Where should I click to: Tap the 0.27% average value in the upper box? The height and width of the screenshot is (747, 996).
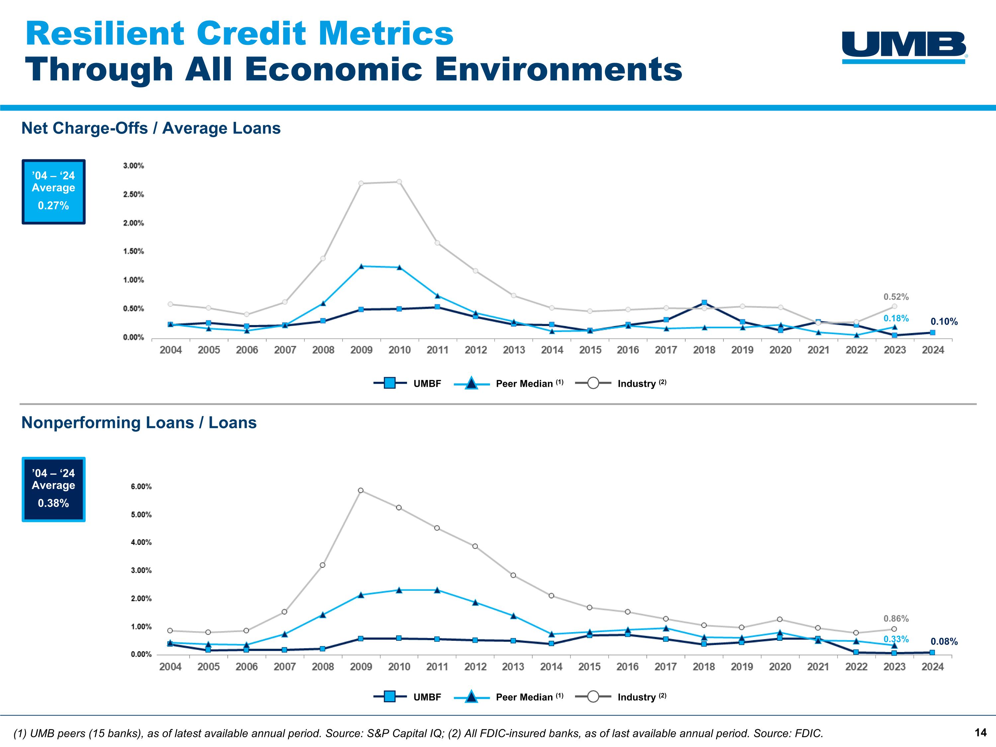(53, 206)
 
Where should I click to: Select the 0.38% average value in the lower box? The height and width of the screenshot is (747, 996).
(53, 503)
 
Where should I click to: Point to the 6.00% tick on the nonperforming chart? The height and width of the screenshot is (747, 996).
(141, 487)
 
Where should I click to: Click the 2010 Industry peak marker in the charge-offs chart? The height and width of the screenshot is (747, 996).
(399, 182)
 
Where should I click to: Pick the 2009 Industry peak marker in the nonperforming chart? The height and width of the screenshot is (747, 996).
(361, 490)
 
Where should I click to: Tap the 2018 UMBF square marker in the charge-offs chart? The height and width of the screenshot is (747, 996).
(704, 302)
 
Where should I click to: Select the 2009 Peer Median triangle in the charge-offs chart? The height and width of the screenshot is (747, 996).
(361, 266)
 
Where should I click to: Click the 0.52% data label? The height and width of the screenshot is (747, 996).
(896, 297)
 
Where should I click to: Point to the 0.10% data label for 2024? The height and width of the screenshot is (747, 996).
(944, 321)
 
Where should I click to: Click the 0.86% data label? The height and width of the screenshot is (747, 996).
(896, 619)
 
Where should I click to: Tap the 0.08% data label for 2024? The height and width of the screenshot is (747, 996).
(944, 642)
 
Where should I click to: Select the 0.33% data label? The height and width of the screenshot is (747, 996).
(896, 639)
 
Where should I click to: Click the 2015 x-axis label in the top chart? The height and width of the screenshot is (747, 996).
(590, 350)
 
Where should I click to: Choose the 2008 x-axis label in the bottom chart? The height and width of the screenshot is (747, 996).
(323, 667)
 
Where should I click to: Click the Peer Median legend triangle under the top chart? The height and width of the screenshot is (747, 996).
(471, 384)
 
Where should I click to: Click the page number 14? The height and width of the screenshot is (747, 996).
(980, 733)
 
